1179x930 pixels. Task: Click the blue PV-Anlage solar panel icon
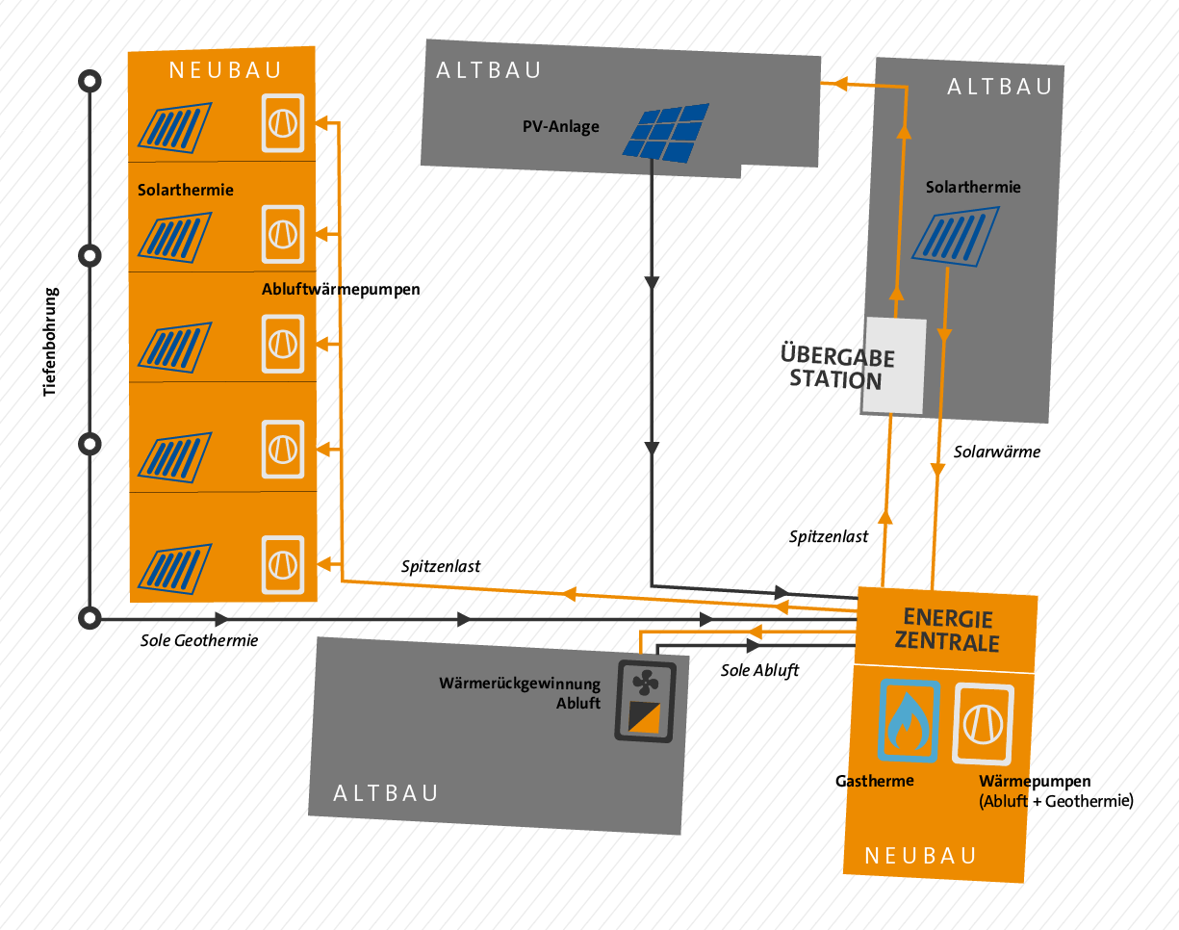[664, 132]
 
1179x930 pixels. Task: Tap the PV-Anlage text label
[560, 126]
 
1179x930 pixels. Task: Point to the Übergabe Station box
[892, 367]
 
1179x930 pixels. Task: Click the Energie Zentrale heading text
[947, 630]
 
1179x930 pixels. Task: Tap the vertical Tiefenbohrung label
[51, 342]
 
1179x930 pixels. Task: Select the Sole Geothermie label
[199, 639]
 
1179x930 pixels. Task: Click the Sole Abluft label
[759, 670]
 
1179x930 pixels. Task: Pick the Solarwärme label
[997, 451]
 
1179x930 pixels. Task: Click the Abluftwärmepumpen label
[341, 289]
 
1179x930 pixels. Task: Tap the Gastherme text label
[874, 781]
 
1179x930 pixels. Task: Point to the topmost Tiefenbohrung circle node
[90, 82]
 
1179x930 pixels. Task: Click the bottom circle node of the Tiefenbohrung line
[90, 618]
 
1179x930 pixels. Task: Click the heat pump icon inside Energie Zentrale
[983, 723]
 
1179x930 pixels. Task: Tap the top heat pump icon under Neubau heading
[284, 123]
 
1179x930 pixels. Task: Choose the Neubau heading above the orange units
[225, 69]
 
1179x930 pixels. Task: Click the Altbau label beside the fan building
[386, 793]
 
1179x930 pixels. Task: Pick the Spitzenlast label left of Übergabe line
[829, 536]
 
